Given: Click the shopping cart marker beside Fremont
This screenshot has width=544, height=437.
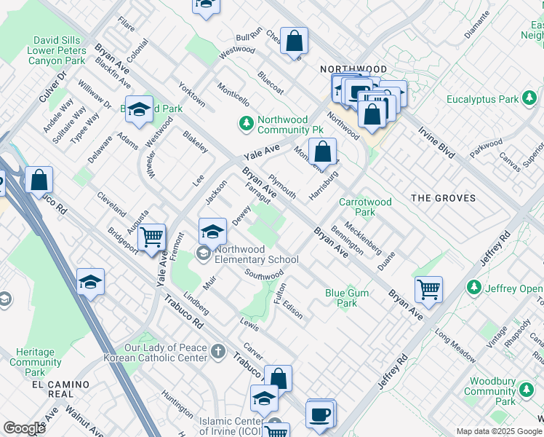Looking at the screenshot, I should pos(151,236).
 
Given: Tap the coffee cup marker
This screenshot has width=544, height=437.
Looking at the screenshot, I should pos(320,414).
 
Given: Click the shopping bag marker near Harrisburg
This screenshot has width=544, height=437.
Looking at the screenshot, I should pos(322,151).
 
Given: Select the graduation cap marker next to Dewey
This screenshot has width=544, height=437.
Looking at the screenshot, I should pos(212,232).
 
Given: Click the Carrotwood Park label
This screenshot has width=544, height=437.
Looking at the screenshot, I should pos(366,207).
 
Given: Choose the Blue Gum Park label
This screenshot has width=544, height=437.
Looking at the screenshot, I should pos(341,298).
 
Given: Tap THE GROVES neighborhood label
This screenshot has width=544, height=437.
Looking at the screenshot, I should pos(443,198).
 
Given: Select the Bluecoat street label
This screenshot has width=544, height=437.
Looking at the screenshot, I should pos(270,84).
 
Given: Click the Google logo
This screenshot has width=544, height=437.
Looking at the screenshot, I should pos(24,428).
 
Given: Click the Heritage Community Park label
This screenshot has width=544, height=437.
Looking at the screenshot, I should pos(36,362).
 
